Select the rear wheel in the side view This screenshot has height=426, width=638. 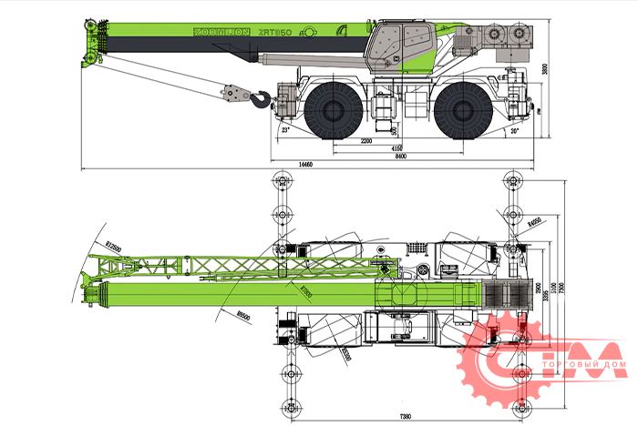(460, 111)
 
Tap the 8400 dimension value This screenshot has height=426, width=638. (399, 156)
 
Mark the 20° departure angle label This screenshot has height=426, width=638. (515, 131)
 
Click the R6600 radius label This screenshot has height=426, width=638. (242, 314)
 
